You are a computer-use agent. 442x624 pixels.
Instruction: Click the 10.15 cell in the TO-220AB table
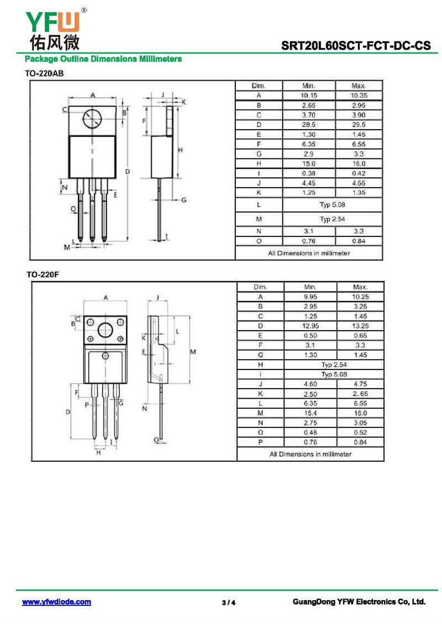tap(309, 96)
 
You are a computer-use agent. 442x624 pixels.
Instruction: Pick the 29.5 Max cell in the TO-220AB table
tap(359, 125)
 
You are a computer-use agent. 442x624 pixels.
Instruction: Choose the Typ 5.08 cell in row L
tap(332, 205)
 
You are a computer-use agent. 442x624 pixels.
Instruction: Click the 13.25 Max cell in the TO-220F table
tap(360, 326)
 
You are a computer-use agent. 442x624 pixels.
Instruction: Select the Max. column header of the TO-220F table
tap(360, 287)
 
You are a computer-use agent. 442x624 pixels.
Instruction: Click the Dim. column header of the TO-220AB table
tap(259, 86)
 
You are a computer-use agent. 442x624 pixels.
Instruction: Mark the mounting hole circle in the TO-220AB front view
tap(92, 119)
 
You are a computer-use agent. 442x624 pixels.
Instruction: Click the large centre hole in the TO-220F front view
tap(105, 331)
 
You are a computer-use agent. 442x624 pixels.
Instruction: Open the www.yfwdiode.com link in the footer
tap(56, 602)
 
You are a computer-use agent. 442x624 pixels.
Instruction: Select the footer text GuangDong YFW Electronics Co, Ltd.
tap(359, 602)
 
